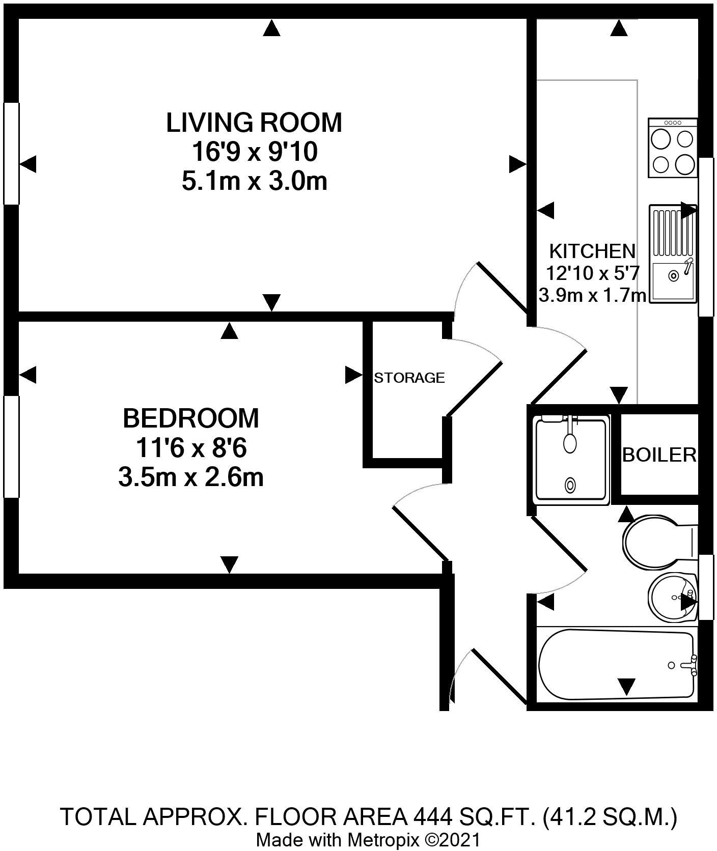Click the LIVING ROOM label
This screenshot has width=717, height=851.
point(254,123)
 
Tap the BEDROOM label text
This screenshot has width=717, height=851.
point(191,418)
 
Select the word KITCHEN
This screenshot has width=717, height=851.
point(592,251)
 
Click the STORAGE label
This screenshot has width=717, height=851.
point(409,378)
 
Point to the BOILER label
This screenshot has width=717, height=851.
point(659,455)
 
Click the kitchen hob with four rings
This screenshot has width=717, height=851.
point(673,148)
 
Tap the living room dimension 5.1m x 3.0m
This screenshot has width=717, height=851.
point(254,181)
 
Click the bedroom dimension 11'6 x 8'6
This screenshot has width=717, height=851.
point(191,448)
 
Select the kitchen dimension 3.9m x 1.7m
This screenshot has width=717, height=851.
point(592,295)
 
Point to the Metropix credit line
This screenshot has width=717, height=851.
point(368,839)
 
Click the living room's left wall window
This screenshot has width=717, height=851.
point(11,153)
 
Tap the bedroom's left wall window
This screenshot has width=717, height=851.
point(11,446)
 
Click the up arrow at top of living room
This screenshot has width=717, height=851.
point(272,28)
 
